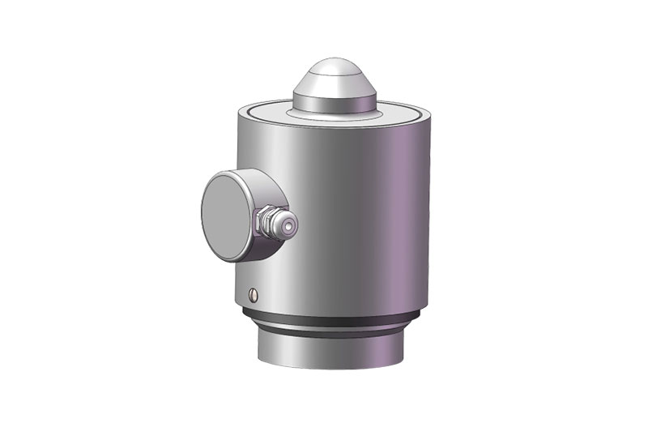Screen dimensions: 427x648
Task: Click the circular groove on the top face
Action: [x=267, y=109]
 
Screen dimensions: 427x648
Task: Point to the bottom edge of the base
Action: [x=332, y=373]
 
